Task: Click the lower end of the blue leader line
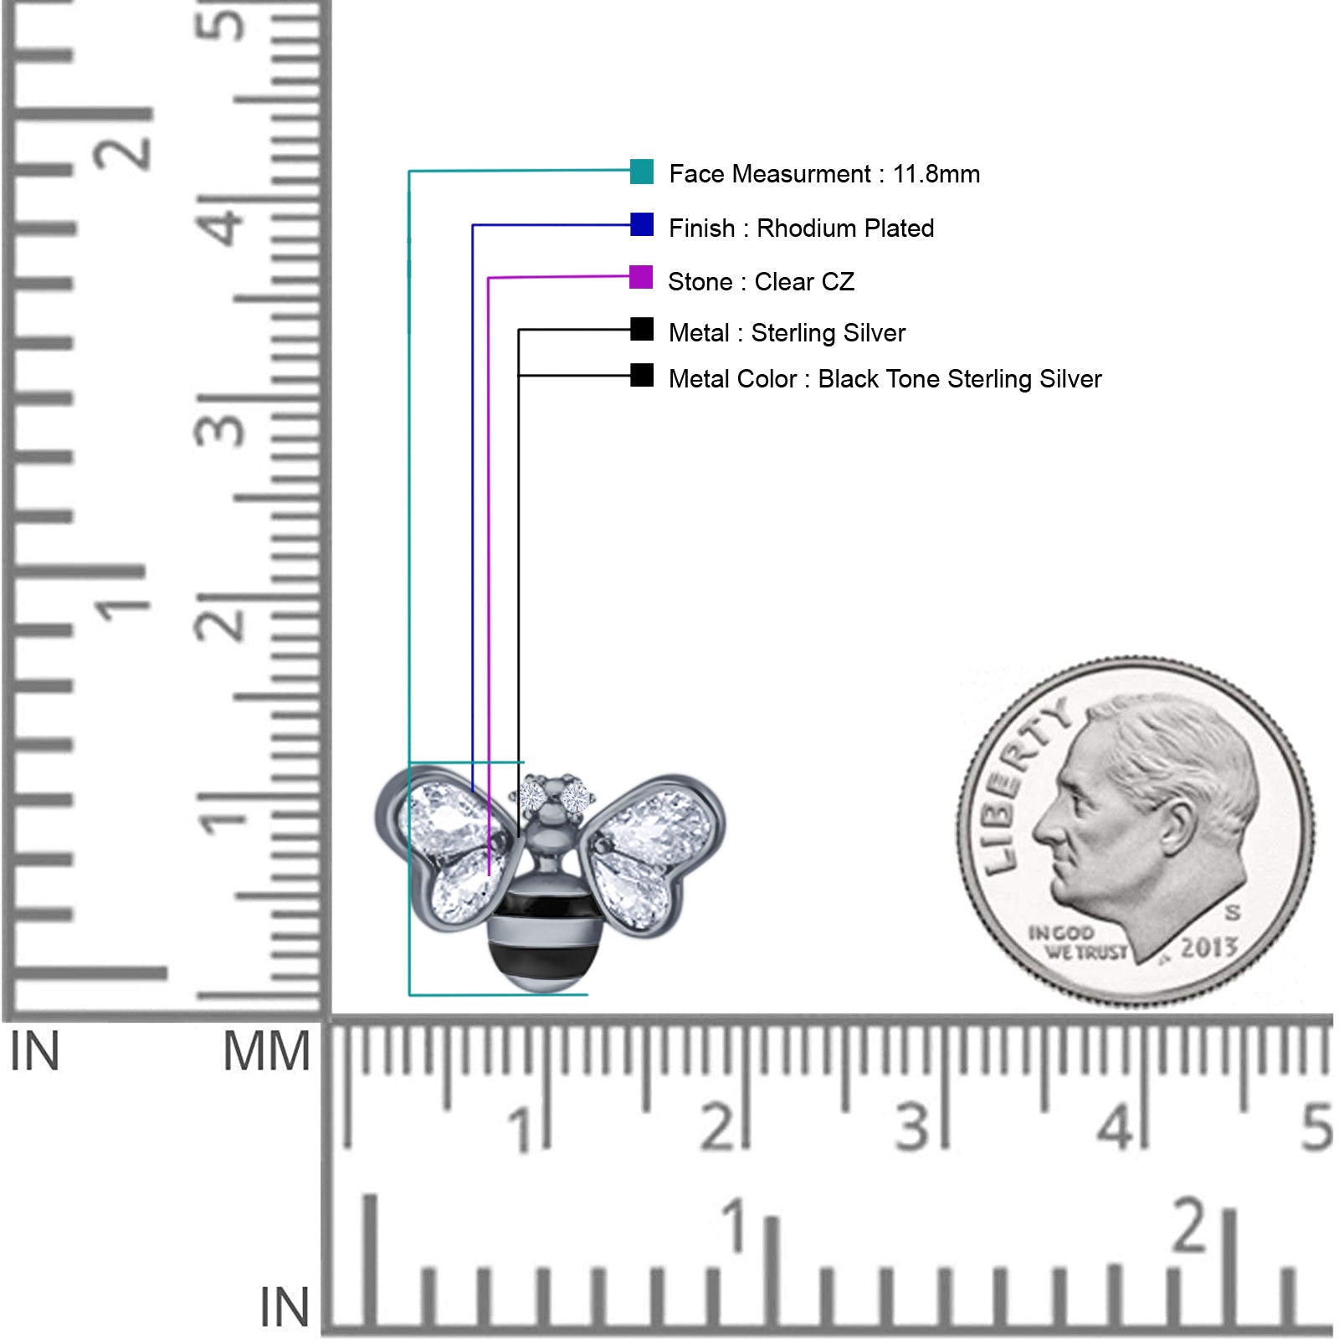pyautogui.click(x=473, y=790)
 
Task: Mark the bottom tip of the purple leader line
pyautogui.click(x=489, y=875)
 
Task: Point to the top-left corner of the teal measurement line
pyautogui.click(x=409, y=172)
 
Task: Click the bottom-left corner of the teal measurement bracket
pyautogui.click(x=409, y=995)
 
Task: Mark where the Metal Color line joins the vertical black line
pyautogui.click(x=519, y=376)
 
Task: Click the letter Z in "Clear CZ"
pyautogui.click(x=846, y=282)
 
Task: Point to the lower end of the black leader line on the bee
pyautogui.click(x=519, y=836)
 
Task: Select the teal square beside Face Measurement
pyautogui.click(x=642, y=172)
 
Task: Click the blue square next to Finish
pyautogui.click(x=642, y=224)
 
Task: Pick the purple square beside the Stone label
pyautogui.click(x=641, y=277)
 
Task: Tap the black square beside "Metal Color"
pyautogui.click(x=642, y=375)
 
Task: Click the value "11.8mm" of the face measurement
pyautogui.click(x=936, y=174)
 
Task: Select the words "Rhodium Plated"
pyautogui.click(x=845, y=228)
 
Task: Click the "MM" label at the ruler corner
pyautogui.click(x=266, y=1051)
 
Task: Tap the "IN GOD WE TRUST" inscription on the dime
pyautogui.click(x=1077, y=942)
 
